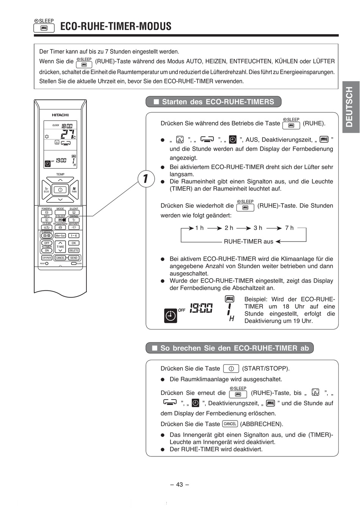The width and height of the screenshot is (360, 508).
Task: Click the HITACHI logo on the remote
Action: [60, 115]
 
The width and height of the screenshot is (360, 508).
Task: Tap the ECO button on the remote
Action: [47, 190]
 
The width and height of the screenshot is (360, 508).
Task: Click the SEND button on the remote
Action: [74, 258]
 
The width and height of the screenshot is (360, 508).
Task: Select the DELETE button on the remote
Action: [74, 251]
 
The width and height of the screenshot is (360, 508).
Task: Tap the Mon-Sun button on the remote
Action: [60, 236]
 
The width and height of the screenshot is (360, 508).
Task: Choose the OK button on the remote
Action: [74, 243]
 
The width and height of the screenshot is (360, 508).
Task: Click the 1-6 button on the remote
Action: [74, 236]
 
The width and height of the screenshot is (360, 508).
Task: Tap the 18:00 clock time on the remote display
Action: [67, 125]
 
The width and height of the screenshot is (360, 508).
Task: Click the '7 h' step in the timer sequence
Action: [289, 228]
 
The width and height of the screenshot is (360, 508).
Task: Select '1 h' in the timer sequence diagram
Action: [199, 228]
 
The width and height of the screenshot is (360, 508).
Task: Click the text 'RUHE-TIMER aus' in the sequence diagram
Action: [248, 241]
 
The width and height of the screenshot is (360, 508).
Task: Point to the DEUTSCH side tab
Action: [350, 107]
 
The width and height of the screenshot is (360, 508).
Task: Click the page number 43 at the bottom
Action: [180, 484]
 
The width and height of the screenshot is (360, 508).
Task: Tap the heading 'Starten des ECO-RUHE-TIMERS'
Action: [214, 102]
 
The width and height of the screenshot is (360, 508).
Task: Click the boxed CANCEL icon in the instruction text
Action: [230, 424]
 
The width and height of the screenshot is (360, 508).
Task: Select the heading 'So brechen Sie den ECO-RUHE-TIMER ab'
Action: [230, 348]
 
